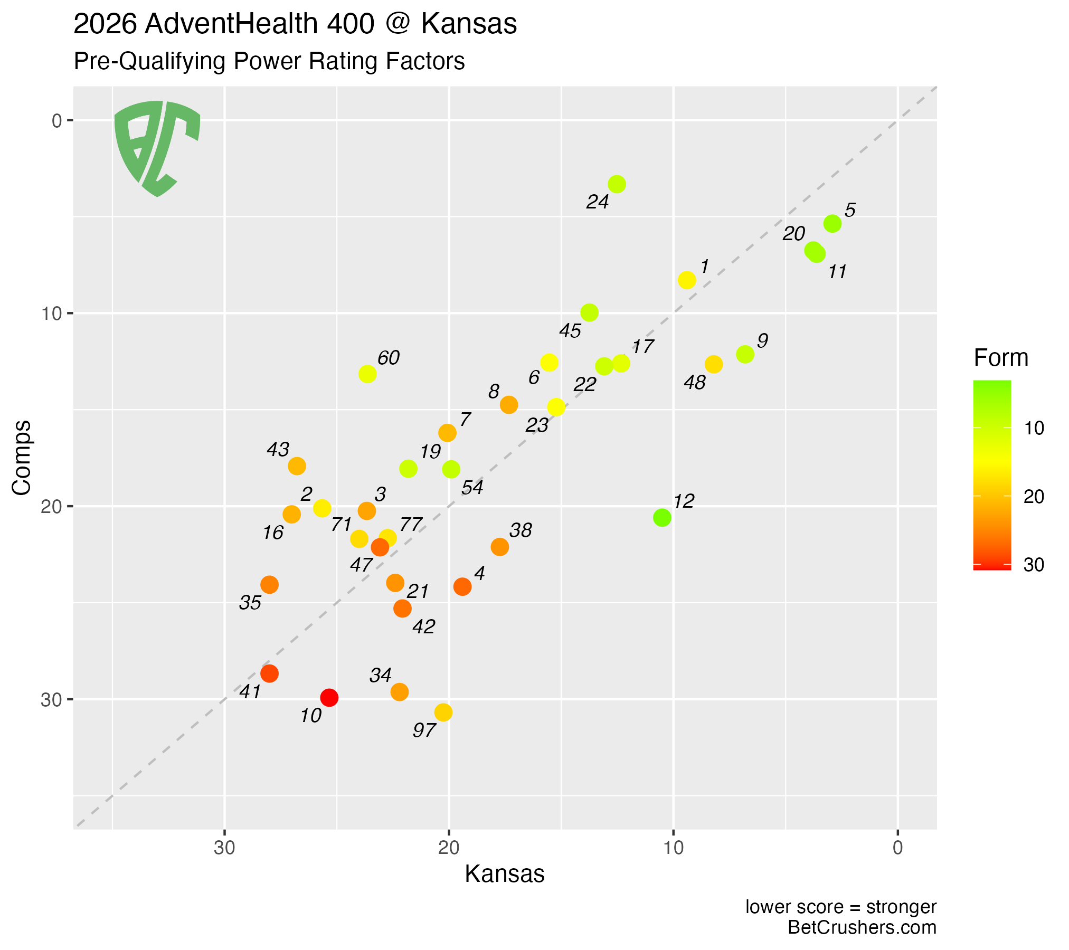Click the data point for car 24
(x=617, y=184)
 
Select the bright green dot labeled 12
(x=662, y=518)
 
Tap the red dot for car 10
(x=329, y=698)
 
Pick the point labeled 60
(x=367, y=374)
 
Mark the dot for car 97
(x=443, y=712)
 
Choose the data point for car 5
(x=833, y=224)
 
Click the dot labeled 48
(x=714, y=364)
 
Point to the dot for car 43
(x=297, y=466)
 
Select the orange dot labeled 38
(x=500, y=547)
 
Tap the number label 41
(x=250, y=692)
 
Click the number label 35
(x=250, y=603)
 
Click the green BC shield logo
(x=157, y=148)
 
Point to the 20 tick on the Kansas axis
(x=449, y=848)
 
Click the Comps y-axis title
(x=22, y=458)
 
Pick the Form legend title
(x=1001, y=358)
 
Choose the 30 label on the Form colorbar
(x=1034, y=565)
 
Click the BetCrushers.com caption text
(x=862, y=927)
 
